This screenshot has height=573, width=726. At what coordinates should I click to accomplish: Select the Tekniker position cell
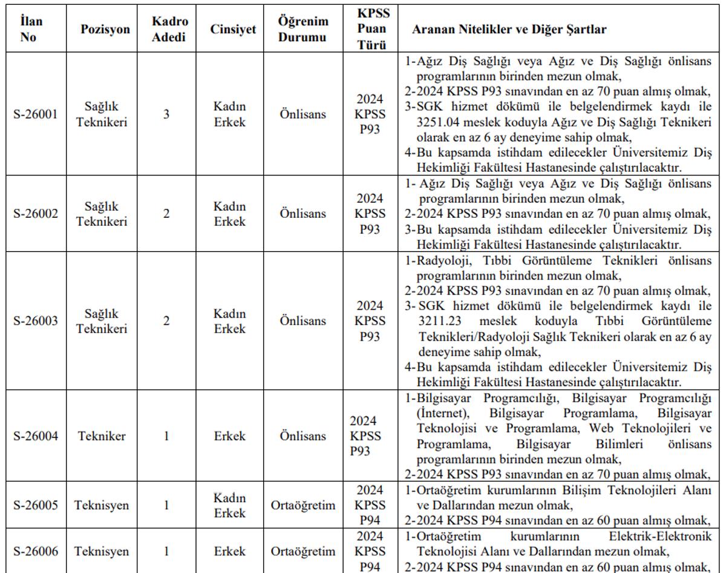[x=102, y=436]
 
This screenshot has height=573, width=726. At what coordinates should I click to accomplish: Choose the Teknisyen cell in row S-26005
[x=102, y=505]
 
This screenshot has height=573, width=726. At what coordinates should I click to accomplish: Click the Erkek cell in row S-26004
[x=229, y=436]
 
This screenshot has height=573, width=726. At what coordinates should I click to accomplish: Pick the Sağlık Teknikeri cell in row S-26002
[x=102, y=214]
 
